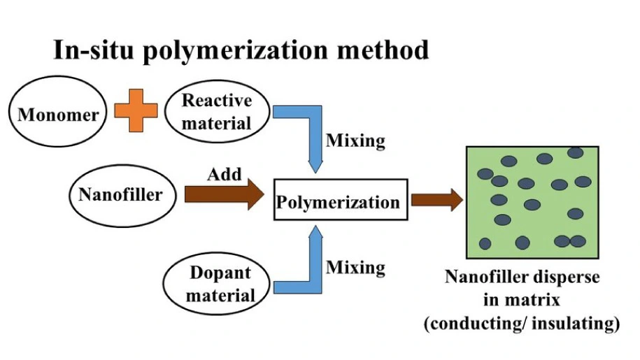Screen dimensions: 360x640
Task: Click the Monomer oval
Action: (x=58, y=115)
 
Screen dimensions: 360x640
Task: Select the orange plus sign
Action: (x=136, y=113)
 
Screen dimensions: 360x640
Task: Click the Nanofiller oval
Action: (x=120, y=194)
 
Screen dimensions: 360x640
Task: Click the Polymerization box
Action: (x=339, y=202)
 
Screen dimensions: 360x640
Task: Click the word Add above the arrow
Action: (x=224, y=173)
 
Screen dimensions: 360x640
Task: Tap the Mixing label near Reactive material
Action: (x=355, y=141)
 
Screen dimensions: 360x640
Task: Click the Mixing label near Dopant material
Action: (x=355, y=267)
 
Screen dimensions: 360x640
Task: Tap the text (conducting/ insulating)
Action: (x=522, y=324)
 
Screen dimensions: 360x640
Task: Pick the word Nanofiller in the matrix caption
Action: (x=488, y=277)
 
